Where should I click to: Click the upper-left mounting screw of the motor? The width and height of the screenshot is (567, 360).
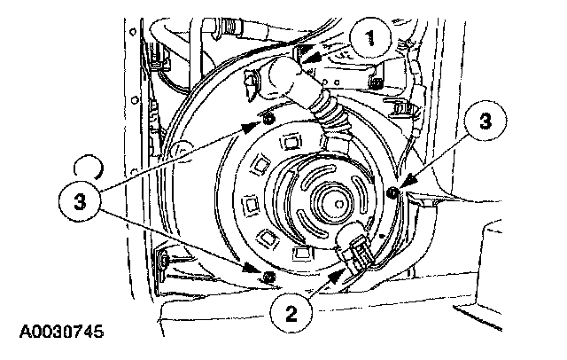267,119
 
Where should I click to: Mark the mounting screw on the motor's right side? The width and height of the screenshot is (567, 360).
392,192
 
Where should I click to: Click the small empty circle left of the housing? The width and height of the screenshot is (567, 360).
89,166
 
